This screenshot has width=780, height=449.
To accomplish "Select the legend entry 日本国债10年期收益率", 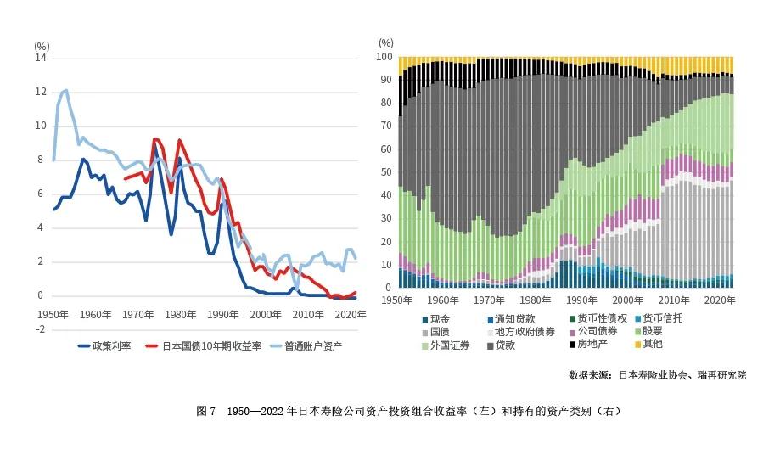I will coord(200,346).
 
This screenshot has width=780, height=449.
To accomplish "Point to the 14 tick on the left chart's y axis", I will coord(40,58).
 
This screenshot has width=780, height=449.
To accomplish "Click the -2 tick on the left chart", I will coord(40,329).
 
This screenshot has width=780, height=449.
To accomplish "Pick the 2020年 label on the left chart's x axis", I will coord(350,314).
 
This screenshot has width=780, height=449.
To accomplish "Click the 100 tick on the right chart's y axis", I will coord(384,58).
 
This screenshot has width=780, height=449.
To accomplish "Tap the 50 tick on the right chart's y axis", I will coord(386,172).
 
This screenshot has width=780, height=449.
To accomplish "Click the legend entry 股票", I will coord(651,332).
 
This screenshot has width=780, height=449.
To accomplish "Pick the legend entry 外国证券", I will coord(450,345).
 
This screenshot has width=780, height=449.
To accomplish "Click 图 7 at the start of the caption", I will coord(207,411).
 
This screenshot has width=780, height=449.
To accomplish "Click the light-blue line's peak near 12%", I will coord(65,89).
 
